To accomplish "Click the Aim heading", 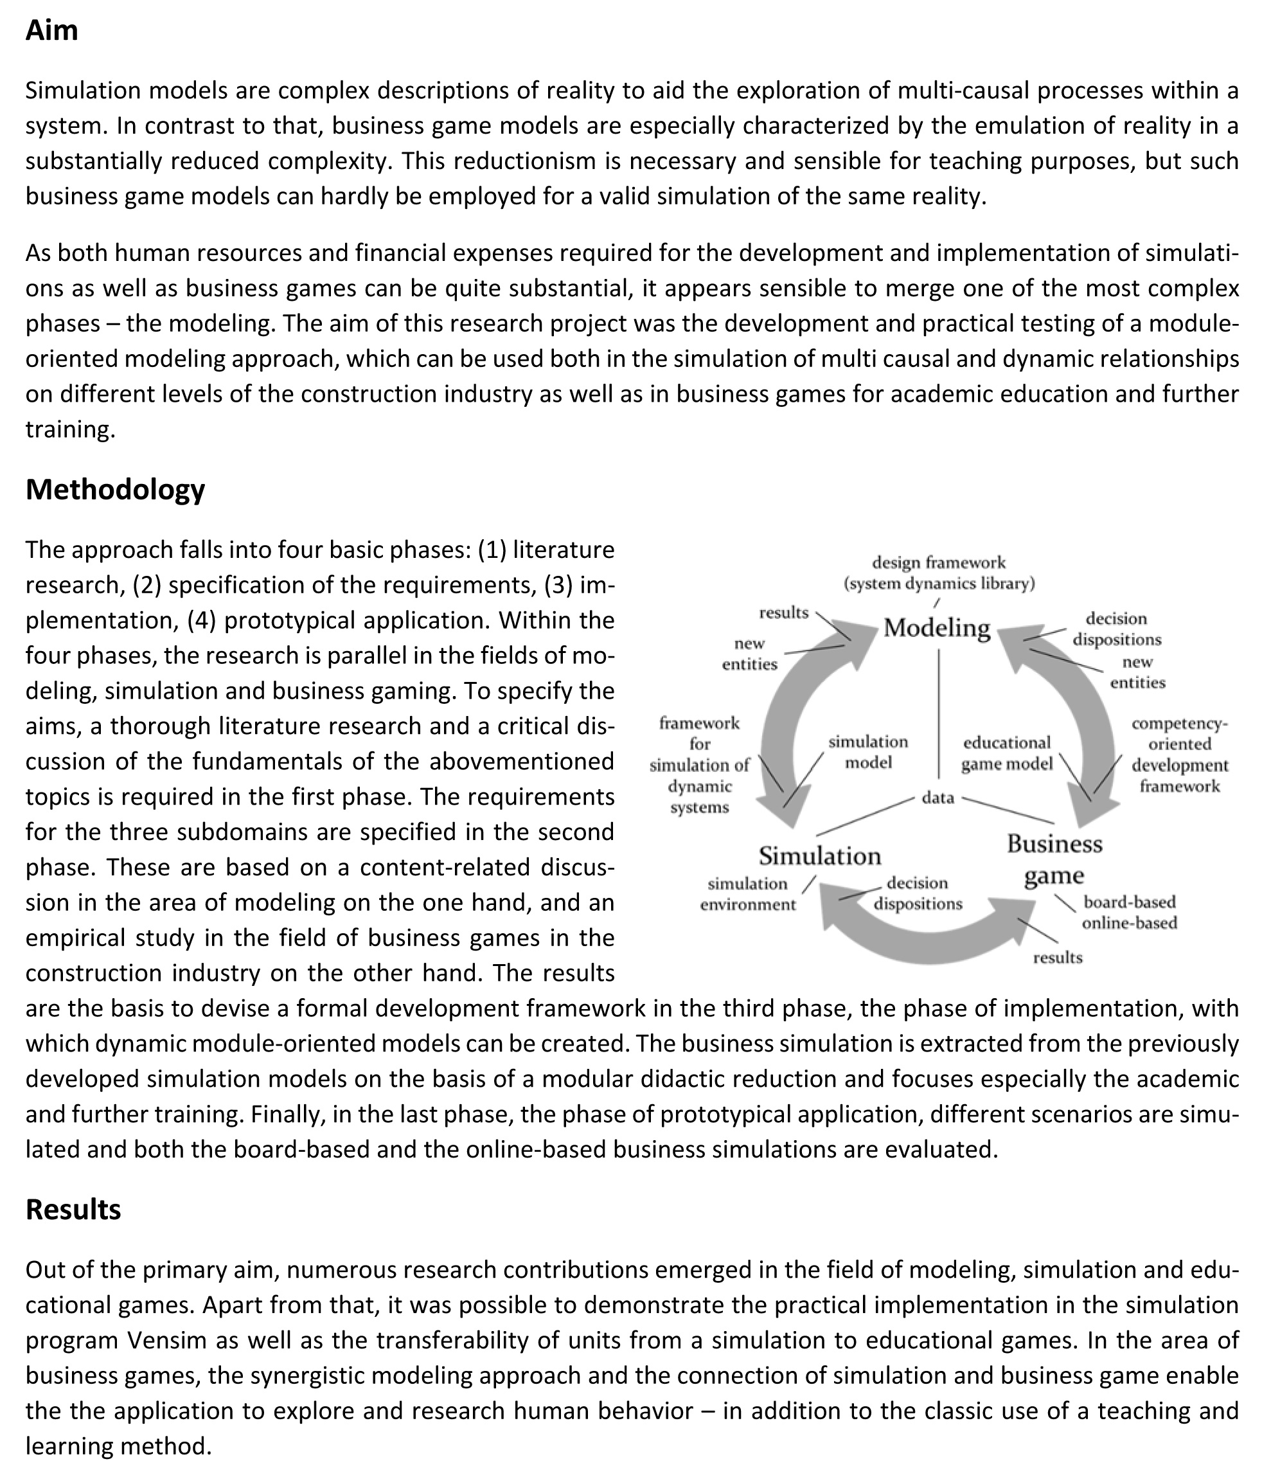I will click(51, 31).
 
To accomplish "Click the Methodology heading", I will click(115, 489).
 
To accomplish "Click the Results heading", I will click(73, 1210).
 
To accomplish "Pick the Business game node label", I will click(1054, 859).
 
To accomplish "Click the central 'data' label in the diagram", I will click(938, 798).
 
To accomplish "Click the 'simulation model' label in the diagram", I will click(868, 751).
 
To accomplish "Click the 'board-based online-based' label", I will click(1128, 912).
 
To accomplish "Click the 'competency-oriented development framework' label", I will click(1179, 755).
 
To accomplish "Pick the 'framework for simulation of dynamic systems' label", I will click(699, 765).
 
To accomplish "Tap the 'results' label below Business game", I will click(1057, 958).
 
